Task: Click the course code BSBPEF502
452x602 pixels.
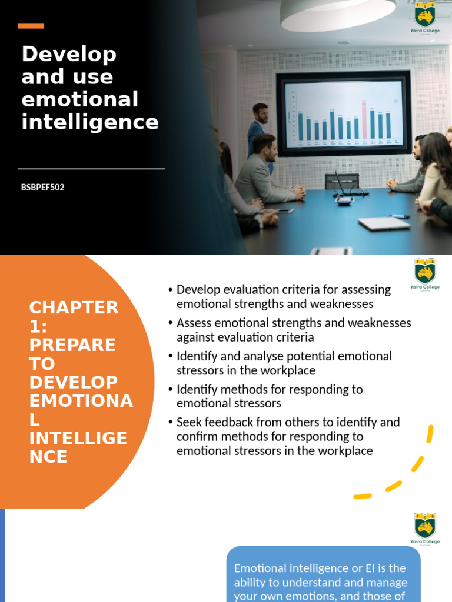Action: (x=43, y=188)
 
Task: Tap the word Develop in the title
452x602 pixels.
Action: (x=69, y=55)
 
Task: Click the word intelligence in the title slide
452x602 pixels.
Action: (x=90, y=122)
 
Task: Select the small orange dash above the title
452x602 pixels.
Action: (x=31, y=26)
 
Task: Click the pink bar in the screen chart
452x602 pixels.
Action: (x=364, y=120)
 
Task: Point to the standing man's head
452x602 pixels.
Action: (x=260, y=112)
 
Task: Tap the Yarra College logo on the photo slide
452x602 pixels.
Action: (x=424, y=16)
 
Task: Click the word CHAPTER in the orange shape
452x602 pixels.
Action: (x=74, y=307)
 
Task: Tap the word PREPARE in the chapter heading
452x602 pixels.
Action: (x=72, y=345)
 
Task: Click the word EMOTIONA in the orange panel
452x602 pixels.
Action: (x=81, y=401)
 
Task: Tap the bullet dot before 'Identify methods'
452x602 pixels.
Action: (x=170, y=390)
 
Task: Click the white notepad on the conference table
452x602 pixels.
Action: (x=384, y=223)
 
